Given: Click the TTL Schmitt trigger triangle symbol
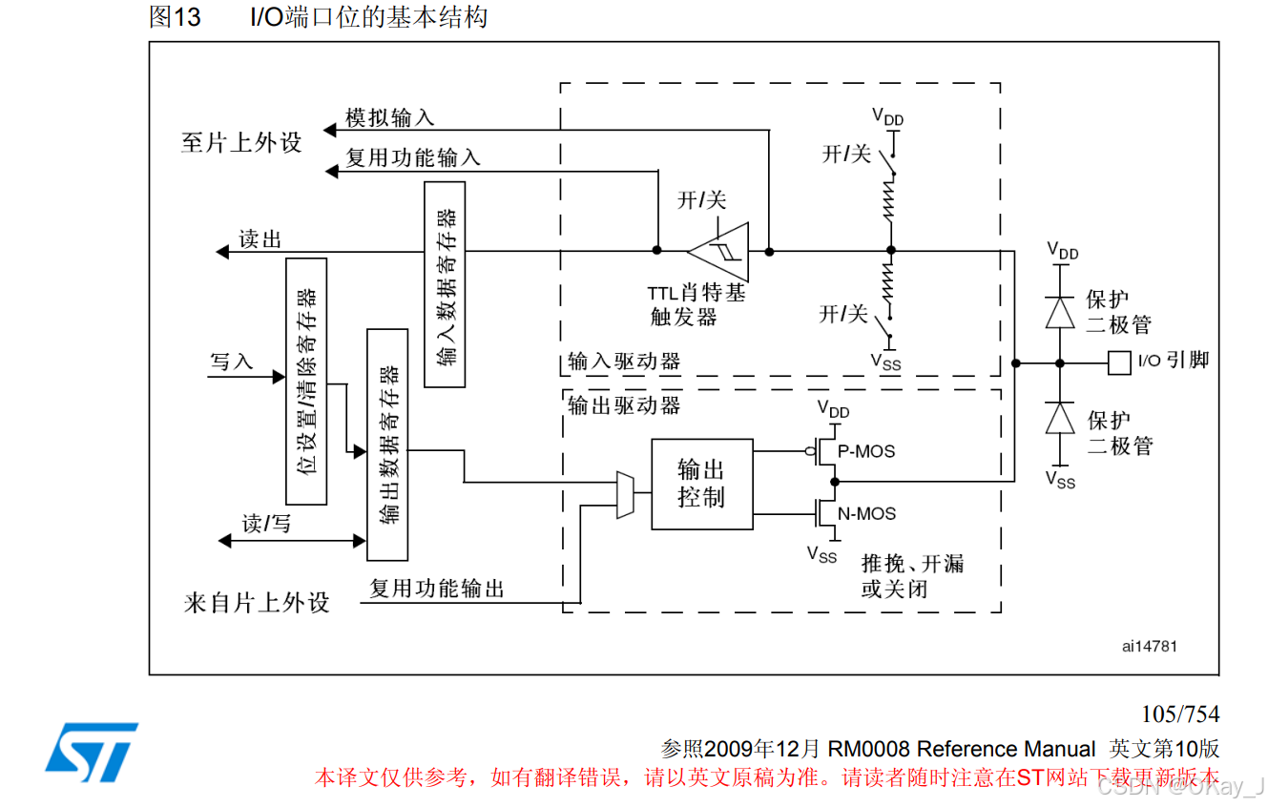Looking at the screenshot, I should tap(717, 252).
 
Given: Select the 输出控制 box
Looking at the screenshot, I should tap(701, 484).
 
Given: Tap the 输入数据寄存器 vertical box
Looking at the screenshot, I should tap(445, 284).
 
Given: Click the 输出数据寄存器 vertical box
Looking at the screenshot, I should tap(387, 445).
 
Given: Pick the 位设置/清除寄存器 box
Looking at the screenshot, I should tap(306, 381).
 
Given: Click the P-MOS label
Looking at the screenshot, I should tap(866, 451).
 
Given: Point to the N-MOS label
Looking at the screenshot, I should tap(866, 514).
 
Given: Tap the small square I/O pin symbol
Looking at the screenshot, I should tap(1119, 362).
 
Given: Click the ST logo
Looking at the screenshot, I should tap(91, 747).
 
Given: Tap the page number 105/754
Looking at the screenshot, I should tap(1180, 714).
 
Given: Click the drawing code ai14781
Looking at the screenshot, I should tap(1150, 646).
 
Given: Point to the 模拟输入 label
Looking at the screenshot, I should tap(389, 117).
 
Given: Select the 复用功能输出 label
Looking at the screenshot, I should tap(437, 589).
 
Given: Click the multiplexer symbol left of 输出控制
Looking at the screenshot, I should tap(626, 494).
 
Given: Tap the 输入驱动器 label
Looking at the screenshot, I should tap(624, 362).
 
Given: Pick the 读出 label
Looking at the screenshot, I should tap(260, 239).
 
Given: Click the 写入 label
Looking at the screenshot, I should tap(231, 362).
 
